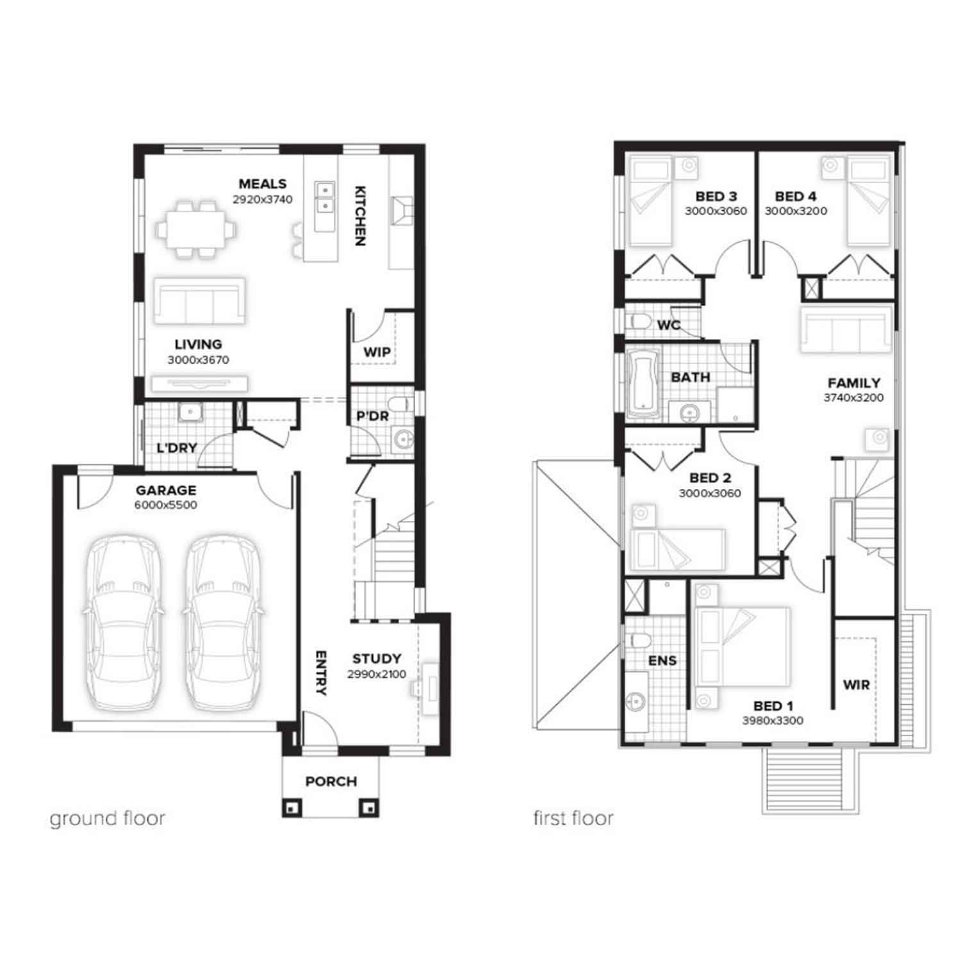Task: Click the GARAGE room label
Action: tap(166, 491)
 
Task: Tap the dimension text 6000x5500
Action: tap(166, 505)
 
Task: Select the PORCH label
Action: tap(331, 782)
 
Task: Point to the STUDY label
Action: tap(377, 659)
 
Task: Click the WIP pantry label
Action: tap(377, 352)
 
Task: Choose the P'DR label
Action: tap(373, 416)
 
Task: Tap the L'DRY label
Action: tap(177, 448)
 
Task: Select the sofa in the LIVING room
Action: tap(199, 301)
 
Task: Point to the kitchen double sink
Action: tap(325, 197)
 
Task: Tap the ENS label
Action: tap(662, 661)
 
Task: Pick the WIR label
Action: tap(857, 685)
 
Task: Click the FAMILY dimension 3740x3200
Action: tap(854, 397)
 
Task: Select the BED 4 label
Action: tap(796, 197)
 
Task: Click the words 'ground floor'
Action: tap(108, 819)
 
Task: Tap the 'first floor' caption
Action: tap(574, 818)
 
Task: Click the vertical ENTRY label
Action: tap(322, 673)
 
